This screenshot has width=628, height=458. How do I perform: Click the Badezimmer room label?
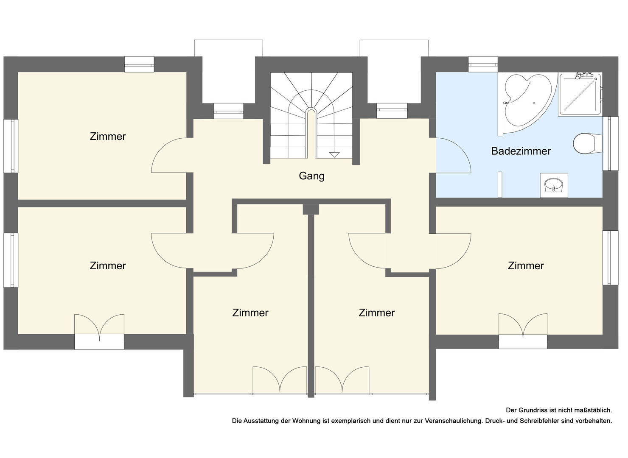tap(521, 151)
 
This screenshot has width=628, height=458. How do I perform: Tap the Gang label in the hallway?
tap(311, 176)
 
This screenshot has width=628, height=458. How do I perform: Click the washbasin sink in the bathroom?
tap(554, 185)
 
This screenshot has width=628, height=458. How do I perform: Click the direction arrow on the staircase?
tap(334, 154)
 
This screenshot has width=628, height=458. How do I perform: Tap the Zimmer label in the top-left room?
tap(108, 137)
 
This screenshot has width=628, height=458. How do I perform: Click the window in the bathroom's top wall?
tap(483, 64)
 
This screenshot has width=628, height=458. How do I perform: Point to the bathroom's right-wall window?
tap(610, 143)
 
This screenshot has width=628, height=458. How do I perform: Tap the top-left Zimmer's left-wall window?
tap(11, 146)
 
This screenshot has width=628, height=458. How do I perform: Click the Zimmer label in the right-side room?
tap(526, 265)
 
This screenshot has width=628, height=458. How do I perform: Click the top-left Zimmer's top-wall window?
tap(139, 64)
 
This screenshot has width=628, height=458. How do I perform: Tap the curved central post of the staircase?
tap(311, 131)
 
